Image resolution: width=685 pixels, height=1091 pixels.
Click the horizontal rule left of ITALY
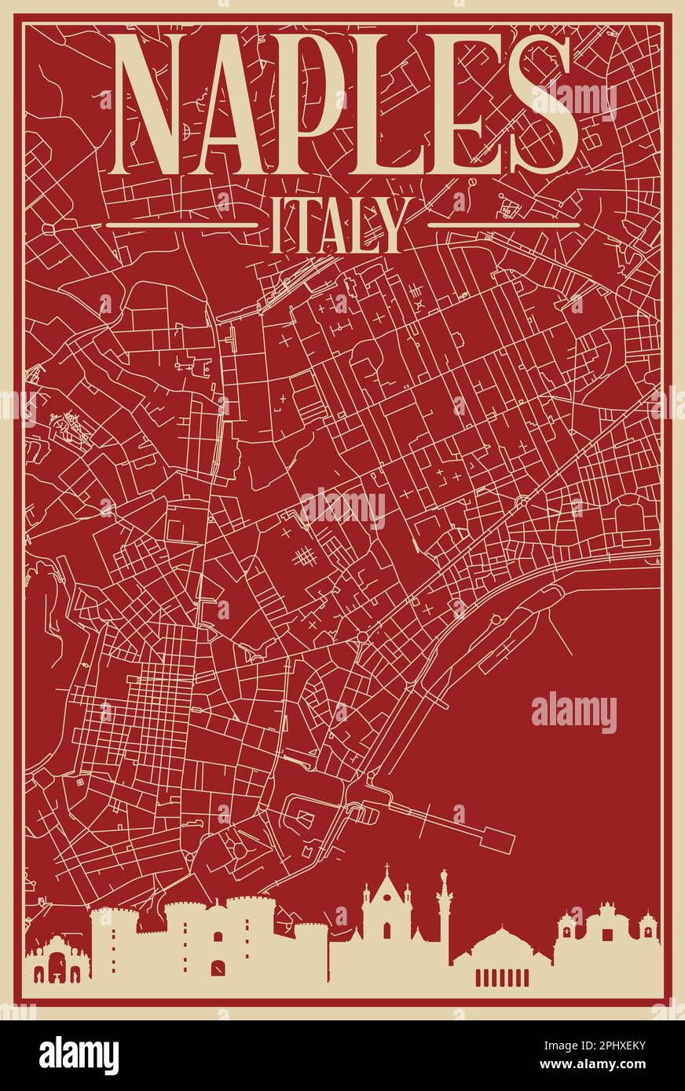181,225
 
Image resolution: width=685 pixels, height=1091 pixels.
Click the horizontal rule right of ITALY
504,225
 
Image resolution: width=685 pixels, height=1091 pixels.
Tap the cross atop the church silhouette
386,868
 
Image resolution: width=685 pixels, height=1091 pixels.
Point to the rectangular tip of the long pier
498,840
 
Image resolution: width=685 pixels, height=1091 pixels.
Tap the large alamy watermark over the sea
573,713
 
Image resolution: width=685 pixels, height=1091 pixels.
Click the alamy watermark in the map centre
342,509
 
